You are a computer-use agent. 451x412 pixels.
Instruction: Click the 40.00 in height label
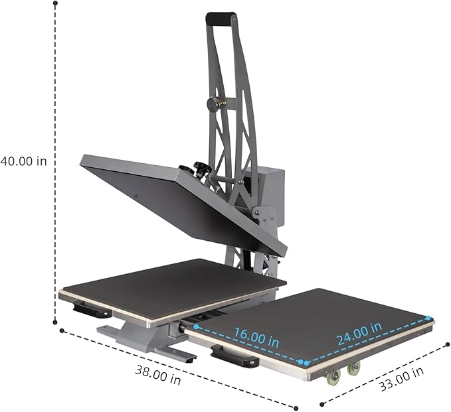tap(24, 161)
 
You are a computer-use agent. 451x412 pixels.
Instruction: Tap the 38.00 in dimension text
tap(158, 374)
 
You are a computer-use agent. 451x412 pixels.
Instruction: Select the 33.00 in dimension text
tap(402, 379)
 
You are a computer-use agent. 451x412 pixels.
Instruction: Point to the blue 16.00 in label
tap(256, 337)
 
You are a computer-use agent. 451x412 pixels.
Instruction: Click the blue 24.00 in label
tap(359, 334)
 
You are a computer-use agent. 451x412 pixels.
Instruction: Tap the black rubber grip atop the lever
tap(221, 18)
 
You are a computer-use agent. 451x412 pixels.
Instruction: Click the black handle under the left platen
tap(92, 309)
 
